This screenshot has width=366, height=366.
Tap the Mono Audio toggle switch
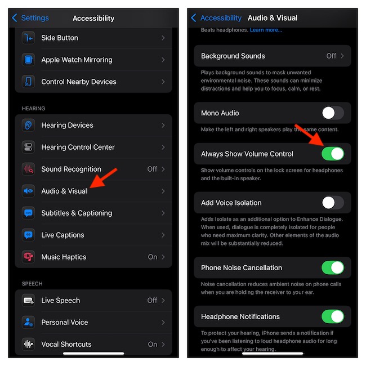(333, 113)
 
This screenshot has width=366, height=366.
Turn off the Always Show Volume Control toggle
(333, 154)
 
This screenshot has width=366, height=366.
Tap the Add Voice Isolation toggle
(333, 203)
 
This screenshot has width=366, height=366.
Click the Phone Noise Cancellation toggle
(333, 267)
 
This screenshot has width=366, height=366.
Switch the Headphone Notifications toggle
(333, 316)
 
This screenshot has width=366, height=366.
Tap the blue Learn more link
(266, 30)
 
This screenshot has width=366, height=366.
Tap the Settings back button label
(35, 18)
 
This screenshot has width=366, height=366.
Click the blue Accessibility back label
(221, 18)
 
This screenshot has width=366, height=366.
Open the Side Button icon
(28, 38)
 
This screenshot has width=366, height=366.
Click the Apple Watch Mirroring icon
(28, 60)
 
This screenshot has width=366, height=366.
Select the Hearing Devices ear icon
(28, 125)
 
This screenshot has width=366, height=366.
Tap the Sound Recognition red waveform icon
(28, 169)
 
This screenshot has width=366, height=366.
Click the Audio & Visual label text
(64, 191)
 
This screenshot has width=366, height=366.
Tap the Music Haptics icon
(28, 257)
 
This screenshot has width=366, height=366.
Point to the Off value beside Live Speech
(152, 300)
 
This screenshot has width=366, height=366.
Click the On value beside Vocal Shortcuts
(153, 344)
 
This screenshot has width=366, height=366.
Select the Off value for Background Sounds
(331, 56)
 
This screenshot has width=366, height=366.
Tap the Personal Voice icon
(28, 322)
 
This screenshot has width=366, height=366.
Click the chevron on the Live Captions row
(163, 235)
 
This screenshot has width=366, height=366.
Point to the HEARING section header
(33, 109)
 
